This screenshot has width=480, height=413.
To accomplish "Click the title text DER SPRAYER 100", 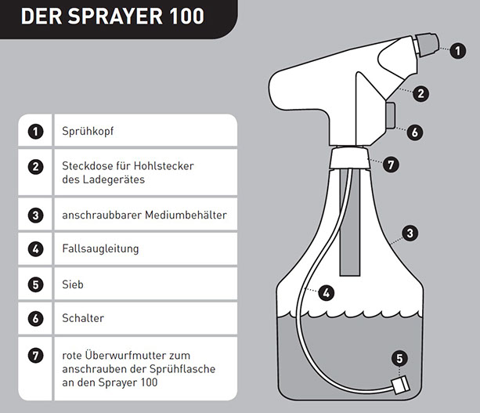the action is click(x=112, y=16).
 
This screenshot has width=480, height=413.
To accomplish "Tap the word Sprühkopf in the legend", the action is click(x=88, y=131).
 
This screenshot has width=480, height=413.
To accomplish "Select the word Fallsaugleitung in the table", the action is click(x=100, y=248).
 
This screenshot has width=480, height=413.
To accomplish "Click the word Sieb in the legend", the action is click(x=73, y=284).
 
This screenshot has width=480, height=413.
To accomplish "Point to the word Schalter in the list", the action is click(x=83, y=318).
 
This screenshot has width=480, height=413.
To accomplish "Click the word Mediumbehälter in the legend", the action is click(x=186, y=215).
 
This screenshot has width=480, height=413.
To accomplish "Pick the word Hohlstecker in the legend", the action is click(x=164, y=166).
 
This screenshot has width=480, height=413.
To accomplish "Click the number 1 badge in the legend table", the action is click(x=35, y=132).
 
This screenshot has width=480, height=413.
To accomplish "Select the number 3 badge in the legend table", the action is click(x=35, y=215).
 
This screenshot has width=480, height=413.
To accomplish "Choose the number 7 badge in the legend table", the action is click(x=35, y=356).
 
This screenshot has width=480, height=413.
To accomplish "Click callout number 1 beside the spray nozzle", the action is click(x=457, y=51).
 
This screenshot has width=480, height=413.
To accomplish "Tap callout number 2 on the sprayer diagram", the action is click(x=420, y=93).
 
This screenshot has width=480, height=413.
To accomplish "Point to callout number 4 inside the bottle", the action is click(x=326, y=293).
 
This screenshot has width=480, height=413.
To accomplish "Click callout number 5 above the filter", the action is click(x=399, y=358).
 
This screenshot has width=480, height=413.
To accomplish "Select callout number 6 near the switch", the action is click(x=415, y=132).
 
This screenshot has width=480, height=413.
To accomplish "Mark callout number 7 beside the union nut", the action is click(x=391, y=165).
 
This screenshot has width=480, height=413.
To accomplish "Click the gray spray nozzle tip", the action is click(x=427, y=45).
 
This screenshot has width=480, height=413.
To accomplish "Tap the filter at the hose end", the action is click(x=400, y=385).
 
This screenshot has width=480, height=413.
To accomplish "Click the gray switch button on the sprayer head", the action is click(x=390, y=115).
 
